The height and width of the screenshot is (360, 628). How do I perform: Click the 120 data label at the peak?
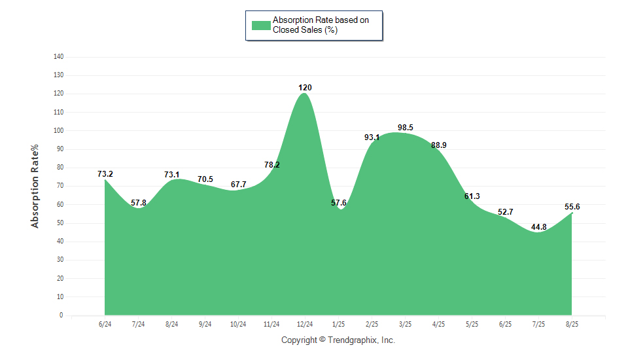pyautogui.click(x=305, y=88)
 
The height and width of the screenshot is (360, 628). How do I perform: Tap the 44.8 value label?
pyautogui.click(x=538, y=227)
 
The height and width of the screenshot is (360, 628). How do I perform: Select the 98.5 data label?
pyautogui.click(x=406, y=128)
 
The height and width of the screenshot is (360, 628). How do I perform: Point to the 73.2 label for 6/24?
pyautogui.click(x=105, y=174)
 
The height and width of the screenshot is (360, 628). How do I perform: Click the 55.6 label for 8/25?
pyautogui.click(x=572, y=207)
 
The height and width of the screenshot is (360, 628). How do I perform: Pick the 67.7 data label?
pyautogui.click(x=238, y=185)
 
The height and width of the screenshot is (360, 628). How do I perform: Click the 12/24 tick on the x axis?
pyautogui.click(x=305, y=324)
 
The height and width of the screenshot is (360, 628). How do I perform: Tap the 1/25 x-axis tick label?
pyautogui.click(x=338, y=324)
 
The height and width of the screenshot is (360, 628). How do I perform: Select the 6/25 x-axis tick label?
pyautogui.click(x=505, y=324)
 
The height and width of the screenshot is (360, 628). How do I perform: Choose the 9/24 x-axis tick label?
pyautogui.click(x=205, y=324)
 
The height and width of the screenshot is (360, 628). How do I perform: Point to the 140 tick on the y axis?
pyautogui.click(x=58, y=56)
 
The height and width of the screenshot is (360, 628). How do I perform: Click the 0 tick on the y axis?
pyautogui.click(x=61, y=315)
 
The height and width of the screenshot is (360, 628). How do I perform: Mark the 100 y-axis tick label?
pyautogui.click(x=58, y=130)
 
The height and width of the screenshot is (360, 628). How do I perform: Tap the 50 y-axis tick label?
pyautogui.click(x=60, y=223)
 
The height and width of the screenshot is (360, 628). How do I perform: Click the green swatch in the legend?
pyautogui.click(x=261, y=26)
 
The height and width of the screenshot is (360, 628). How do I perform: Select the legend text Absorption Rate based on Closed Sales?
pyautogui.click(x=321, y=25)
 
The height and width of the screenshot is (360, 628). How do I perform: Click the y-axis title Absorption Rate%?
pyautogui.click(x=35, y=187)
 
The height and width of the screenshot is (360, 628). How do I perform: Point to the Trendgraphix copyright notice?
pyautogui.click(x=338, y=340)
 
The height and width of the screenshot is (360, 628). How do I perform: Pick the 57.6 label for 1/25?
pyautogui.click(x=338, y=203)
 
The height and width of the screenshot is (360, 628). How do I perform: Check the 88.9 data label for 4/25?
pyautogui.click(x=438, y=145)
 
